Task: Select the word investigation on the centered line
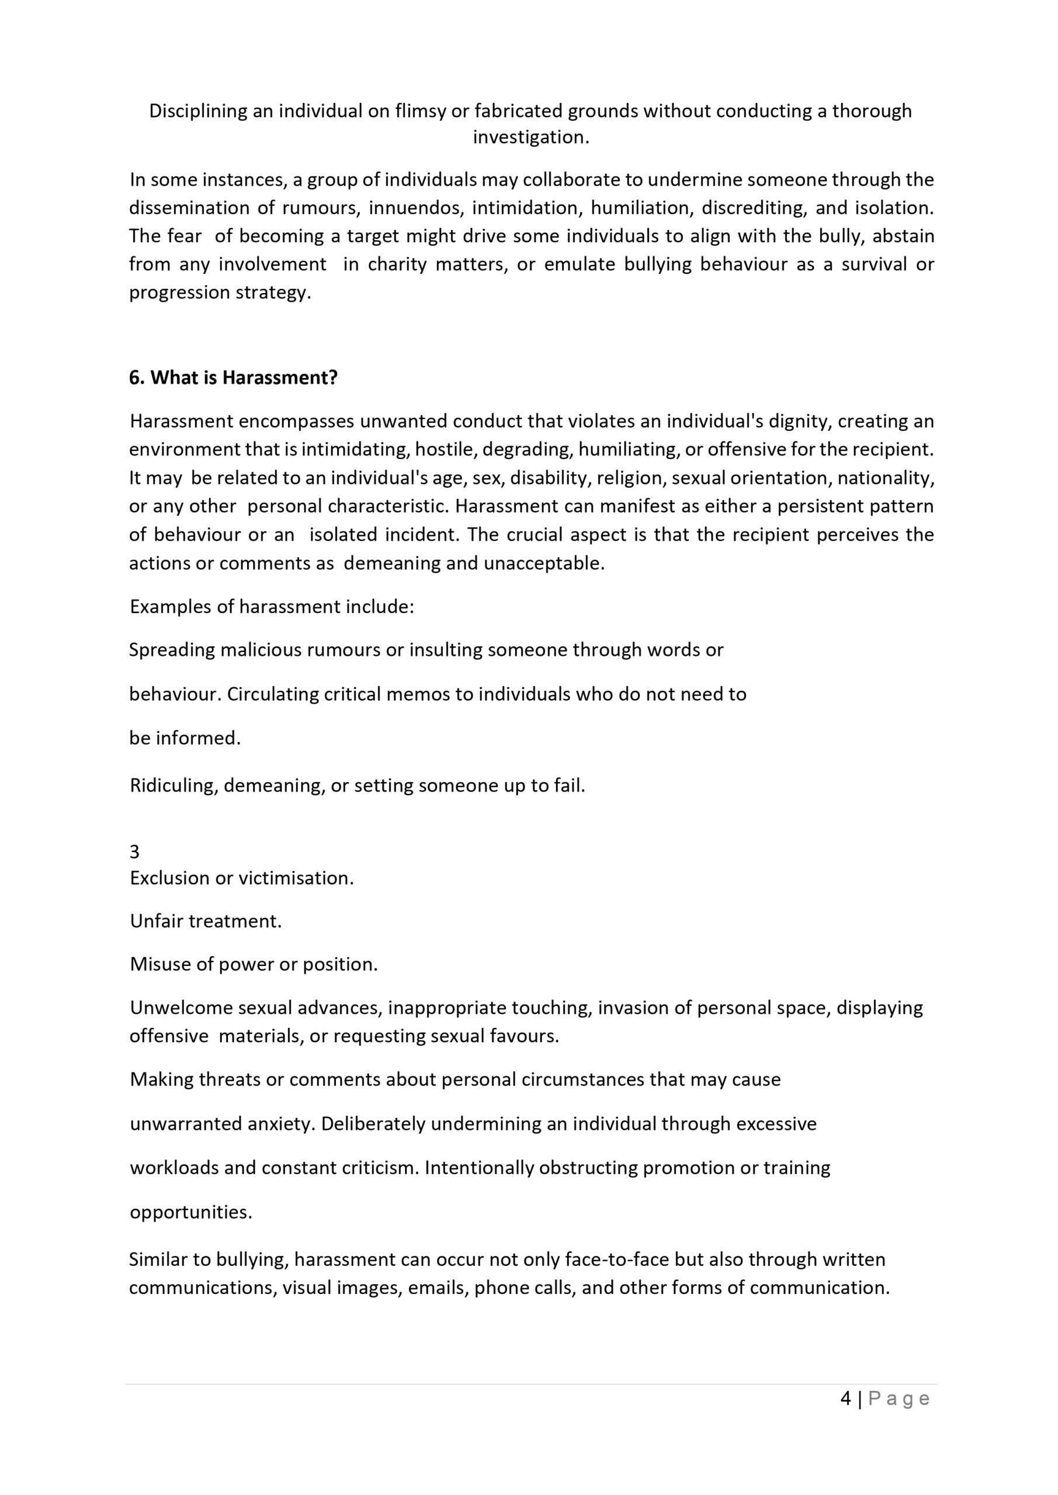pyautogui.click(x=530, y=137)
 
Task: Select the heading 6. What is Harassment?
pyautogui.click(x=233, y=378)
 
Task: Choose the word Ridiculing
pyautogui.click(x=173, y=785)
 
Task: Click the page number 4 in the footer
pyautogui.click(x=845, y=1399)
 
